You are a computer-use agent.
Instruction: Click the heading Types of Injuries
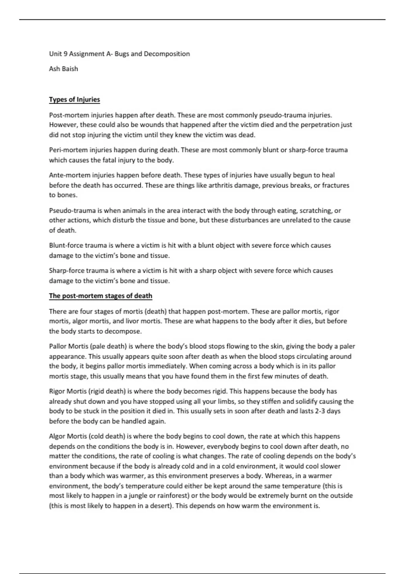pos(74,100)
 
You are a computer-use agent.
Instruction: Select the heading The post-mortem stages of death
pos(101,296)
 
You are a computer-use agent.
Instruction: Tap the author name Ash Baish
pos(63,69)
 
